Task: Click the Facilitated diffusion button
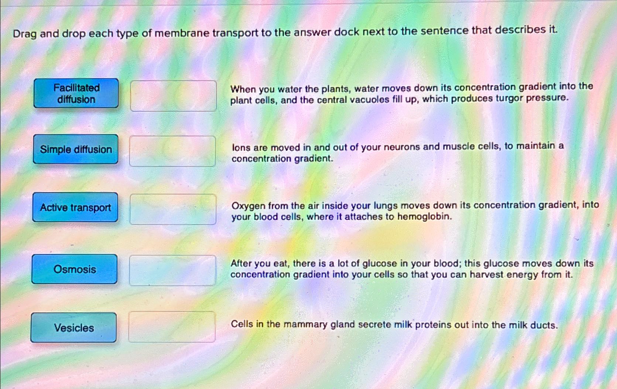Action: point(76,93)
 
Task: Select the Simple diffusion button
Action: point(76,149)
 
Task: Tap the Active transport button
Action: point(75,207)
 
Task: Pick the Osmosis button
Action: point(75,269)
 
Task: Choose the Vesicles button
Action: point(74,327)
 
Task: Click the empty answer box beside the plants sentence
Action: point(174,96)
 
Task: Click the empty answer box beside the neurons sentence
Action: point(173,151)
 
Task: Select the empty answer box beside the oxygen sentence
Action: point(173,209)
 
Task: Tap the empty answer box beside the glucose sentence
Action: point(173,270)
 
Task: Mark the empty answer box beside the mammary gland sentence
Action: point(172,327)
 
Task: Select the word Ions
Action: point(241,148)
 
